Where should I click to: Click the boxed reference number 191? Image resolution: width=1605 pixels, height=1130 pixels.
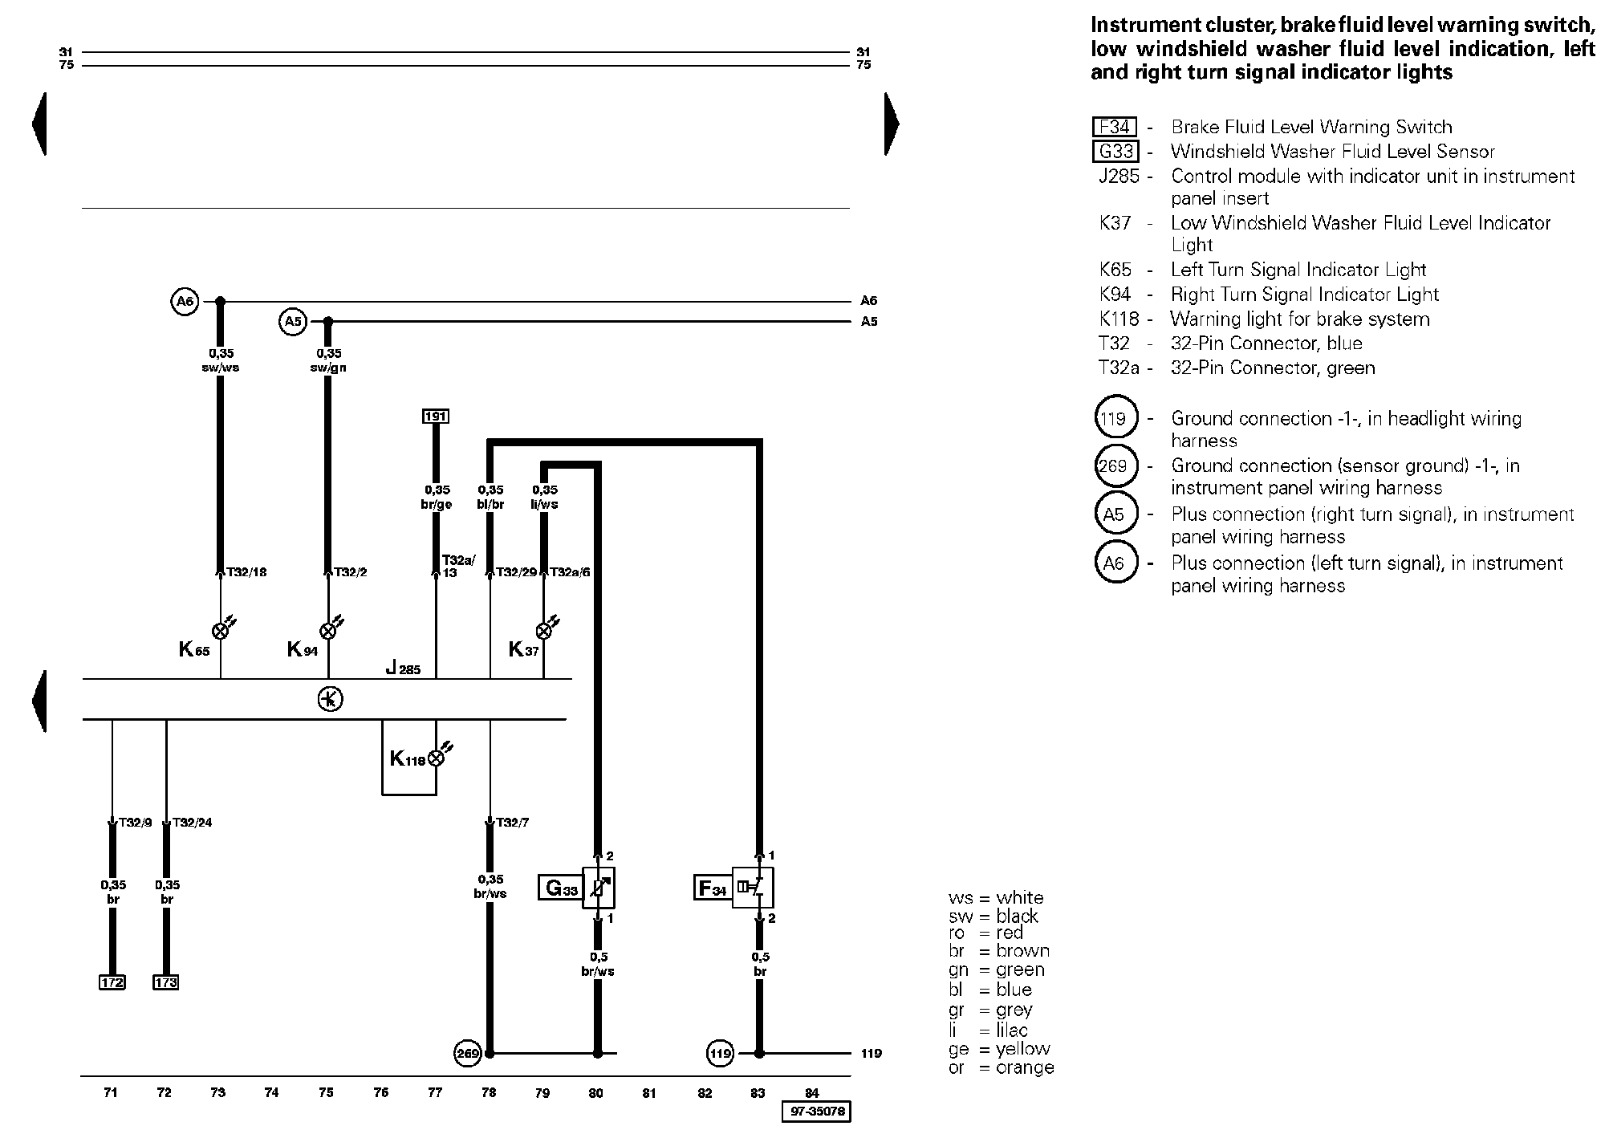(x=436, y=416)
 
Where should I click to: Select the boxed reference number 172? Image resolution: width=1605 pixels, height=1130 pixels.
(x=112, y=982)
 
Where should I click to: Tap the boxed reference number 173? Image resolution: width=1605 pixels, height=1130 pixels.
(x=166, y=982)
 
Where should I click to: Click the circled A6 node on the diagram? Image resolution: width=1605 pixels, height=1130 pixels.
(x=185, y=301)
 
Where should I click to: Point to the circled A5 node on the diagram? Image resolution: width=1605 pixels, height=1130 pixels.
(x=293, y=322)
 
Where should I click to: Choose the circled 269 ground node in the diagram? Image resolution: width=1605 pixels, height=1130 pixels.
(x=467, y=1053)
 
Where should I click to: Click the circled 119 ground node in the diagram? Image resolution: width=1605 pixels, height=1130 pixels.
(x=721, y=1053)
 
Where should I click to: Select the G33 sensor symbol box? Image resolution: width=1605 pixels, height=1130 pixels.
(x=599, y=888)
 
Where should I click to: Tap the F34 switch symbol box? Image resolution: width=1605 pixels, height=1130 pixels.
(x=753, y=888)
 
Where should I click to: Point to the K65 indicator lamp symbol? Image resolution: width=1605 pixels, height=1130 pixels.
(x=221, y=630)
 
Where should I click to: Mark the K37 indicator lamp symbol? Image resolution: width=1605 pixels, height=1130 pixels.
(x=545, y=630)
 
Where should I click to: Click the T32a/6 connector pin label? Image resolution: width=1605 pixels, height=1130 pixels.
(x=570, y=572)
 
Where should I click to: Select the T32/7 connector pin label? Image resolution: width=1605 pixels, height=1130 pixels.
(x=512, y=823)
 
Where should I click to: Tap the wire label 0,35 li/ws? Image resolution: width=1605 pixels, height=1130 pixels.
(x=544, y=497)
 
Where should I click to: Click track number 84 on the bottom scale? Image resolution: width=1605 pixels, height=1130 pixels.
(x=812, y=1092)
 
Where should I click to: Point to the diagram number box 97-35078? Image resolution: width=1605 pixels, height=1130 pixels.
(x=816, y=1112)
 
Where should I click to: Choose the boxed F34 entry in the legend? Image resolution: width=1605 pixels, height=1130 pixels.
(x=1115, y=127)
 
